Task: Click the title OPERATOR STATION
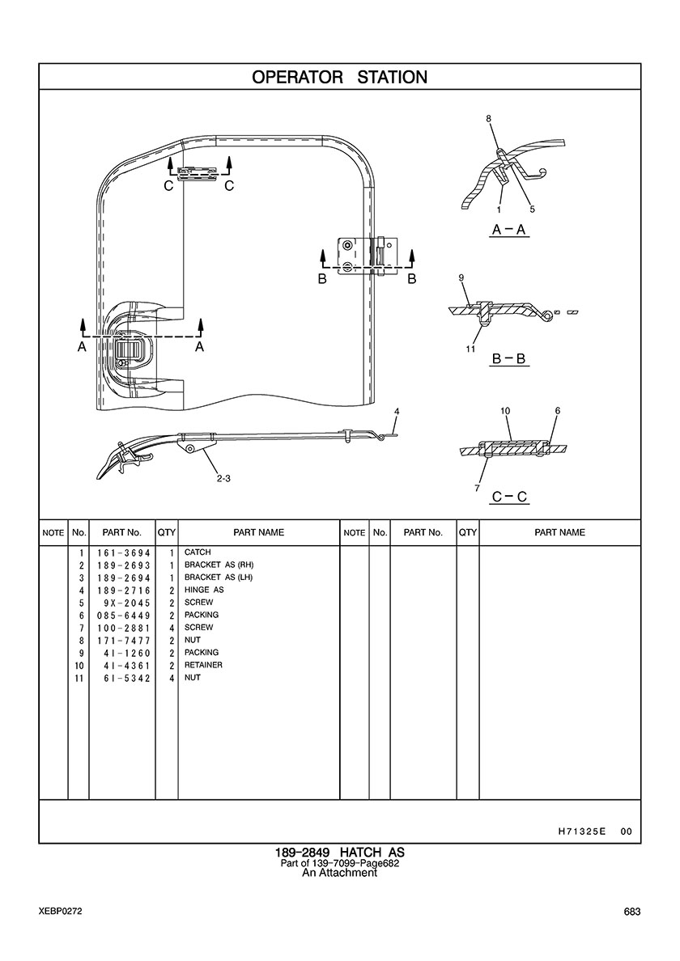pos(339,78)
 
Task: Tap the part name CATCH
pos(198,552)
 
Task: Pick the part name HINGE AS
pos(204,591)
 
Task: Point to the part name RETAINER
pos(203,666)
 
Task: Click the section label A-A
pos(509,230)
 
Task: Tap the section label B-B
pos(509,358)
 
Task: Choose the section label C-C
pos(509,496)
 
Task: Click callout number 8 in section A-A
pos(489,119)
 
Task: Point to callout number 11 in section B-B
pos(470,349)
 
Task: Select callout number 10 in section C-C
pos(505,411)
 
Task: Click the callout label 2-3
pos(224,478)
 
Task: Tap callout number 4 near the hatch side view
pos(397,412)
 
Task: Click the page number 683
pos(632,912)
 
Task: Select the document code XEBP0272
pos(59,912)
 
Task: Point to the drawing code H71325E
pos(582,832)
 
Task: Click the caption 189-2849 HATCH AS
pos(339,853)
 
